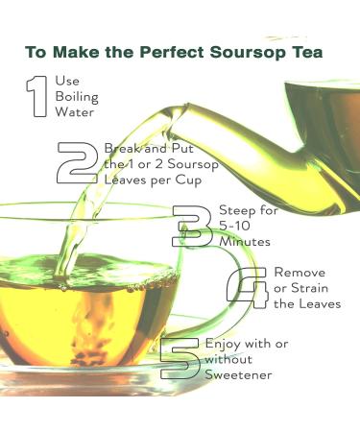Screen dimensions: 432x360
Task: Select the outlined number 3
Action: [x=193, y=227]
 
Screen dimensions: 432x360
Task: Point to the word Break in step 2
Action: [x=121, y=149]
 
